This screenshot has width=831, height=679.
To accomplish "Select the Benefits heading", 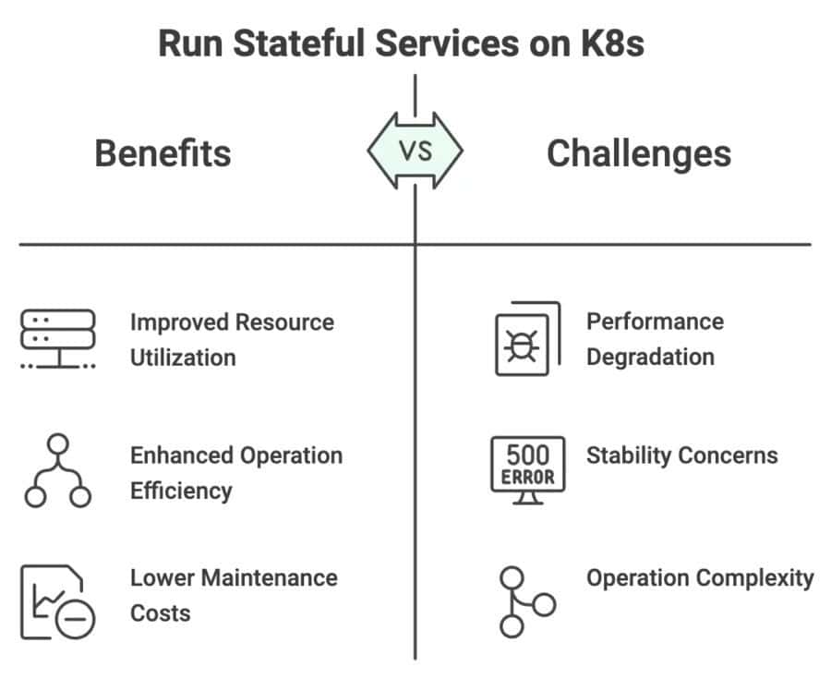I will [163, 152].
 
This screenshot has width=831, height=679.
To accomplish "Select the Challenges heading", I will [639, 152].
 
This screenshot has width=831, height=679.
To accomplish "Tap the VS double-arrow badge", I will [415, 152].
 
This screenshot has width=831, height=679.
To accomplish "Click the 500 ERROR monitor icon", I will [527, 470].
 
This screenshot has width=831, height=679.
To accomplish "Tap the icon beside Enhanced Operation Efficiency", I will [57, 471].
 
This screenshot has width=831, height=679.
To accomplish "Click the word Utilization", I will [183, 358].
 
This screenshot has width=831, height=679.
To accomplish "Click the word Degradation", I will [650, 357].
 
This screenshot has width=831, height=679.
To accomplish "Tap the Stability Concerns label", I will [681, 455].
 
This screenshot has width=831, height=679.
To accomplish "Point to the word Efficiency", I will [181, 491].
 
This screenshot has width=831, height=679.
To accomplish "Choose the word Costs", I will [161, 613].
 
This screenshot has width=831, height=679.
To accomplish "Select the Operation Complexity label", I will [700, 578].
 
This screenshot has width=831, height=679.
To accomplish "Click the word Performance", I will [655, 321].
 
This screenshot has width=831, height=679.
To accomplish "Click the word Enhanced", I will [181, 455].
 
